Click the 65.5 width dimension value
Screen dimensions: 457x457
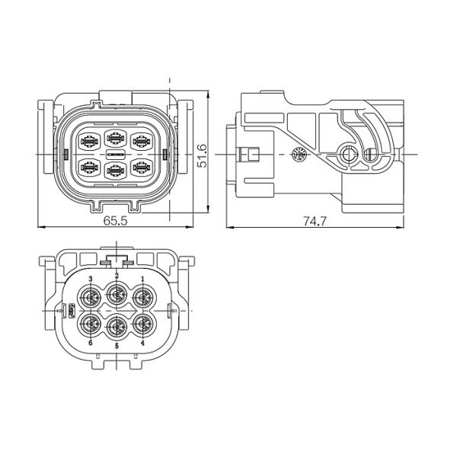(x=116, y=221)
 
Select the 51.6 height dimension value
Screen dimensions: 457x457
(x=202, y=155)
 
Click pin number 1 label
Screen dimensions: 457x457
(x=142, y=279)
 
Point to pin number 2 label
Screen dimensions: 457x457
(x=117, y=276)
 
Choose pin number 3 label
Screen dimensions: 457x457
(x=91, y=279)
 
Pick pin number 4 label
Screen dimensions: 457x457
(x=142, y=343)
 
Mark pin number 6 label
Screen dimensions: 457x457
(x=91, y=343)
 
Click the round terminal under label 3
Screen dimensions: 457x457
(x=90, y=298)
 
